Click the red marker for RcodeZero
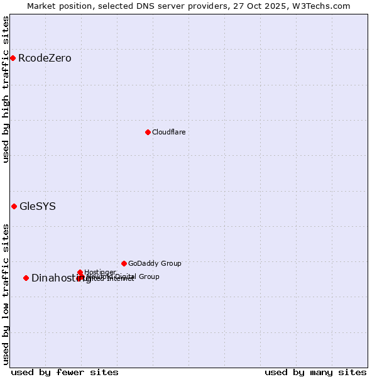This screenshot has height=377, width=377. tap(13, 58)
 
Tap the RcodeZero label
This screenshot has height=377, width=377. tap(45, 58)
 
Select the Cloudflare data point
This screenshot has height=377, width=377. tap(148, 132)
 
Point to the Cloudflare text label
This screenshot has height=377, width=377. tap(168, 132)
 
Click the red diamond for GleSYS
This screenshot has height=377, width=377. tap(14, 206)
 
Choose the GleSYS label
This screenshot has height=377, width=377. tap(38, 206)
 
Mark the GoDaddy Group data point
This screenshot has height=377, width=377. tap(124, 263)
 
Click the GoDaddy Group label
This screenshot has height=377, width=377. tap(155, 263)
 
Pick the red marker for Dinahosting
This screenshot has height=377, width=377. tap(26, 278)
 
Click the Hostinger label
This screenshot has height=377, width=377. tap(100, 272)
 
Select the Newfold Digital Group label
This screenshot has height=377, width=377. tap(126, 276)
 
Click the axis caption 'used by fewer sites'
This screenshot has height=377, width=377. tap(65, 372)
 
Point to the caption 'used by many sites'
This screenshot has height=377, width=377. tap(315, 372)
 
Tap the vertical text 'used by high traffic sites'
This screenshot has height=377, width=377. tap(6, 89)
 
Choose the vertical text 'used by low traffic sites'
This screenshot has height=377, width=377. tap(6, 294)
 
